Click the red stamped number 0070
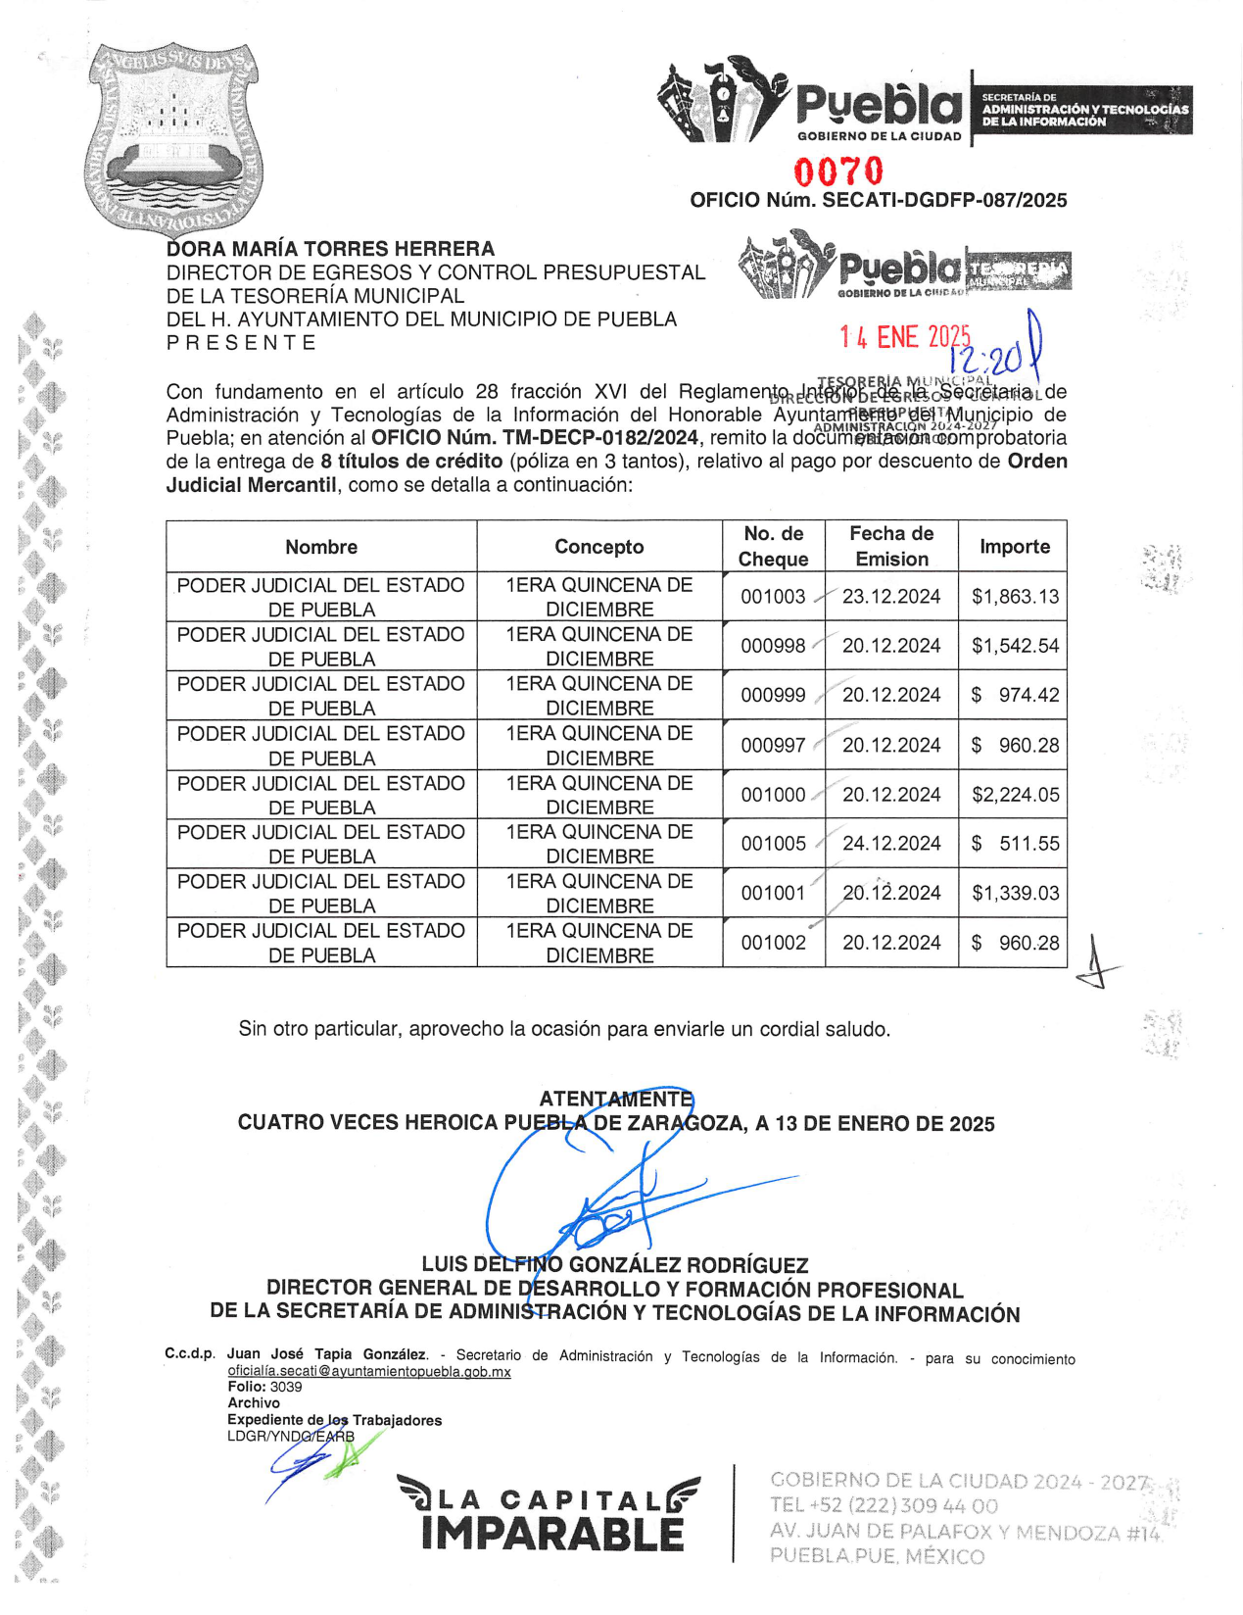(x=838, y=172)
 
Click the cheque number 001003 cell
(x=773, y=596)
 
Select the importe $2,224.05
(x=1015, y=795)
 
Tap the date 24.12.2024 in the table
(x=891, y=844)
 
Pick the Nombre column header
(x=321, y=547)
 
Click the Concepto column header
(x=599, y=547)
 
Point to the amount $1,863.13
(x=1015, y=596)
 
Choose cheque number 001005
(x=773, y=844)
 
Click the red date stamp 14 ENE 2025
(x=903, y=337)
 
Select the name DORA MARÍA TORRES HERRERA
(x=330, y=249)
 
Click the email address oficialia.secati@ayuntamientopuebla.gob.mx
(x=369, y=1372)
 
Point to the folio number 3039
(x=286, y=1387)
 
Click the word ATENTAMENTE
(x=616, y=1100)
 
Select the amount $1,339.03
(x=1015, y=893)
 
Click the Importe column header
(x=1014, y=547)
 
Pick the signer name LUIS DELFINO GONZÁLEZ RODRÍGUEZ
(x=615, y=1265)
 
